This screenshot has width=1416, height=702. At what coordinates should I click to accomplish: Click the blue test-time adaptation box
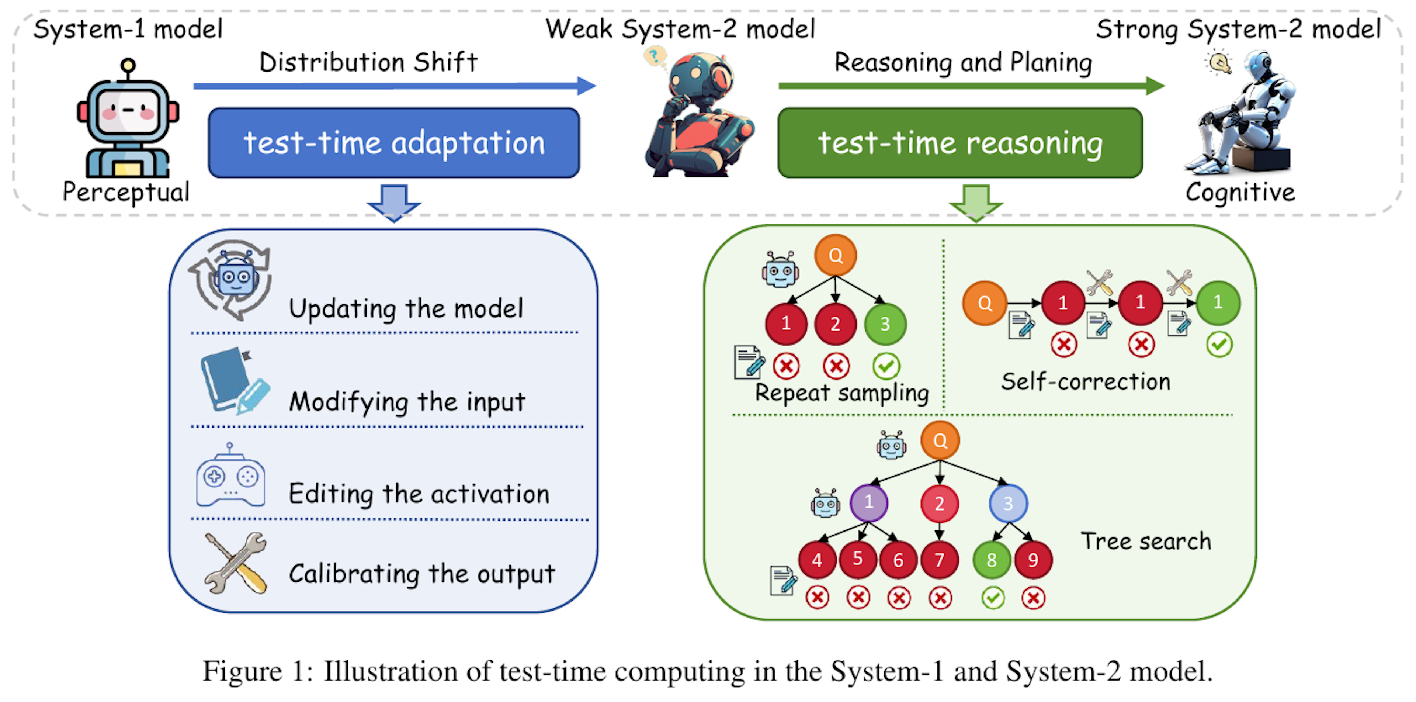pyautogui.click(x=393, y=142)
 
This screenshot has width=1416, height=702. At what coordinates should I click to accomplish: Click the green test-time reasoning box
pyautogui.click(x=960, y=142)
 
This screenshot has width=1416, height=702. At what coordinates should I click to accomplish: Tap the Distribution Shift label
pyautogui.click(x=368, y=62)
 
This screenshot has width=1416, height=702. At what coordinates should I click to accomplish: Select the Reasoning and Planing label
pyautogui.click(x=963, y=62)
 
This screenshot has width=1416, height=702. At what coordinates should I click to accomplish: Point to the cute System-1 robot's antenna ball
pyautogui.click(x=128, y=65)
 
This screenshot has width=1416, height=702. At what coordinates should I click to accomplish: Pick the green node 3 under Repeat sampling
pyautogui.click(x=885, y=324)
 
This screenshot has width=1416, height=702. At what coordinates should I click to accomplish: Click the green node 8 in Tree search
pyautogui.click(x=991, y=560)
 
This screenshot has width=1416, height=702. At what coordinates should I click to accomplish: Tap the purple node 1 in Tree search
pyautogui.click(x=868, y=502)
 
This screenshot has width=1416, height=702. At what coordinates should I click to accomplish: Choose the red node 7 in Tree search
pyautogui.click(x=940, y=560)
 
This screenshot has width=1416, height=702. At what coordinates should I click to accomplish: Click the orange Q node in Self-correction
pyautogui.click(x=985, y=303)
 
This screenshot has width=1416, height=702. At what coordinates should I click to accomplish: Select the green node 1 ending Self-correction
pyautogui.click(x=1218, y=302)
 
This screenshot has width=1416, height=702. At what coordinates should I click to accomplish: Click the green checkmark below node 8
pyautogui.click(x=993, y=598)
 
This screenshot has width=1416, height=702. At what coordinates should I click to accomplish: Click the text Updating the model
pyautogui.click(x=406, y=308)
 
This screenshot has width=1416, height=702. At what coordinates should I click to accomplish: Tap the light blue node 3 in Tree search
pyautogui.click(x=1007, y=503)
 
